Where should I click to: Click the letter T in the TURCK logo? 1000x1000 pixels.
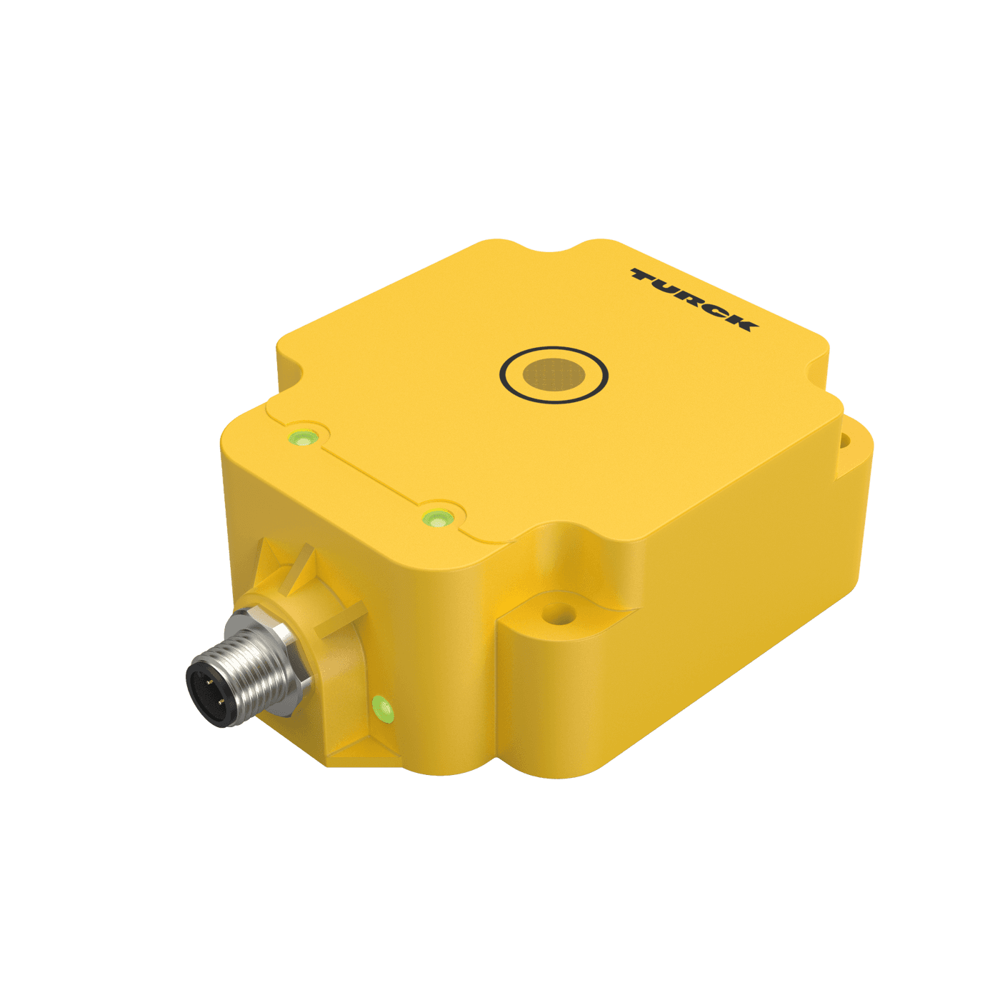coord(646,276)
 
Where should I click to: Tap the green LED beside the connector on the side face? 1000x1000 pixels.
coord(384,709)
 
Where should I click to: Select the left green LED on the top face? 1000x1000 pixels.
coord(302,437)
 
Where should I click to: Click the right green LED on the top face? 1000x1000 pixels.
coord(436,518)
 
